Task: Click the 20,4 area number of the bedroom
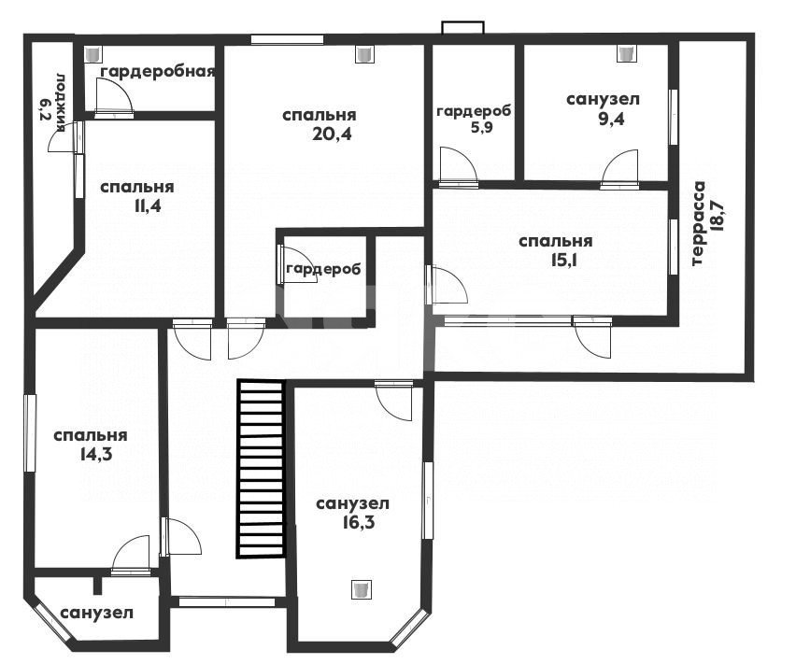(x=333, y=134)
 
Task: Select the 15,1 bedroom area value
(x=564, y=260)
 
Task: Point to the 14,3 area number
(x=95, y=454)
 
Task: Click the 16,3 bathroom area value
(x=359, y=522)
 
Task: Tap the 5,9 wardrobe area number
(x=482, y=127)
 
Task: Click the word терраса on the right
(x=699, y=223)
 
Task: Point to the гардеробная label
(x=157, y=72)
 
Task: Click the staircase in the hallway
(x=260, y=469)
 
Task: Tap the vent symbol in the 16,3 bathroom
(x=361, y=589)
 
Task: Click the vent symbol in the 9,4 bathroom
(x=626, y=52)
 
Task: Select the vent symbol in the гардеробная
(x=93, y=54)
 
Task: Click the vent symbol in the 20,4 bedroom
(x=364, y=54)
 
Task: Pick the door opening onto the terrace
(x=593, y=338)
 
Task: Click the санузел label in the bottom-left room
(x=97, y=613)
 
